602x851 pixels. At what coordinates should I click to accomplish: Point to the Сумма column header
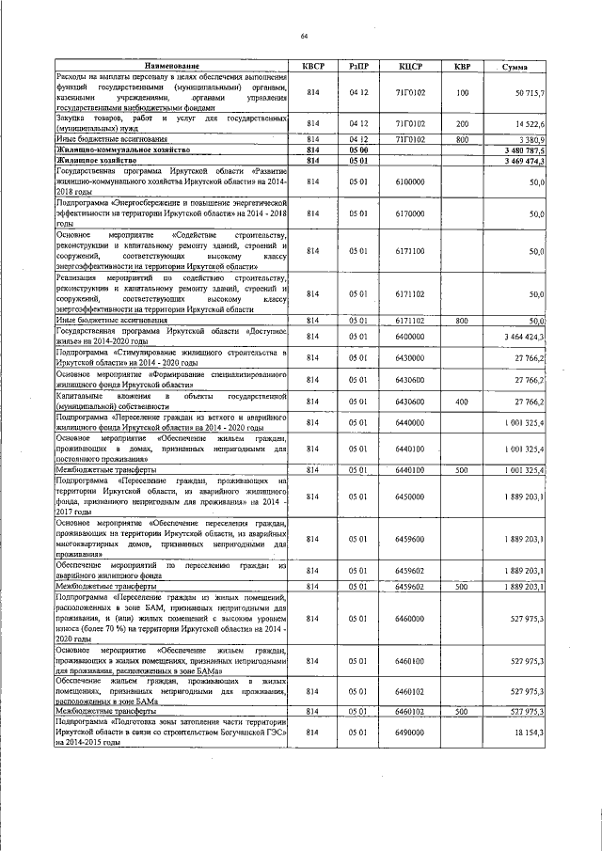point(515,67)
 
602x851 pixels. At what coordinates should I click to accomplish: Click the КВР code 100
point(462,93)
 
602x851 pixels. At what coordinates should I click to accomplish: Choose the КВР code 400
point(462,401)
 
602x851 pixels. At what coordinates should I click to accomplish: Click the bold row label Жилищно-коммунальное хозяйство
point(109,150)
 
